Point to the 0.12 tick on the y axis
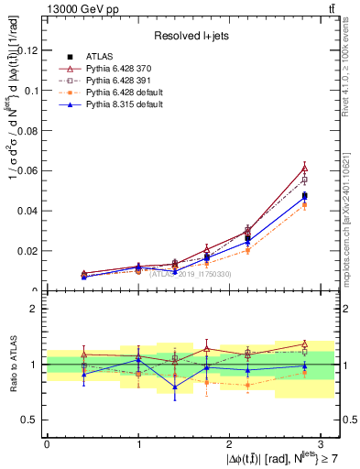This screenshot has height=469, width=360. [x=32, y=49]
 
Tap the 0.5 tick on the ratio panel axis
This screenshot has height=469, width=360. [x=34, y=420]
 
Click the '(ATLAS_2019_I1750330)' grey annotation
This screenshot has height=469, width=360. [x=191, y=274]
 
